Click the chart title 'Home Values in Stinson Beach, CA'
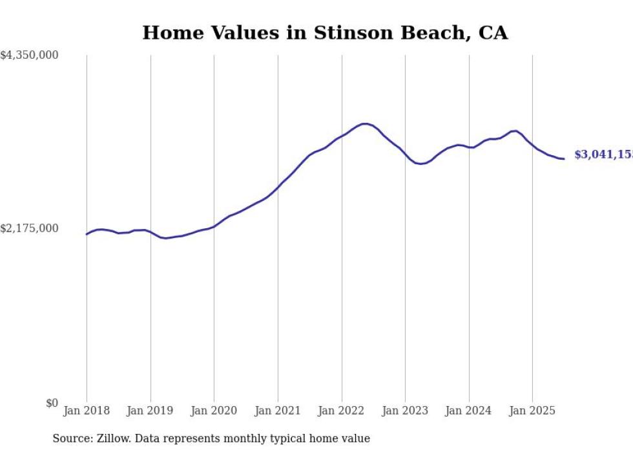point(325,33)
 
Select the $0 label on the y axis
point(52,404)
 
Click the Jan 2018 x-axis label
point(87,411)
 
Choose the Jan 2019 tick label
point(150,411)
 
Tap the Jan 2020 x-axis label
point(214,411)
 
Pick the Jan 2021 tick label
point(278,411)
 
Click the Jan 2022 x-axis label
point(342,411)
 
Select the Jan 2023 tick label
point(405,411)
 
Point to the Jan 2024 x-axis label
point(469,411)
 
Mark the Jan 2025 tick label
point(532,411)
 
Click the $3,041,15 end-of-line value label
point(603,155)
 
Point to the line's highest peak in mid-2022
point(365,124)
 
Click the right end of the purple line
point(564,159)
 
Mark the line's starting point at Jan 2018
point(87,234)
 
